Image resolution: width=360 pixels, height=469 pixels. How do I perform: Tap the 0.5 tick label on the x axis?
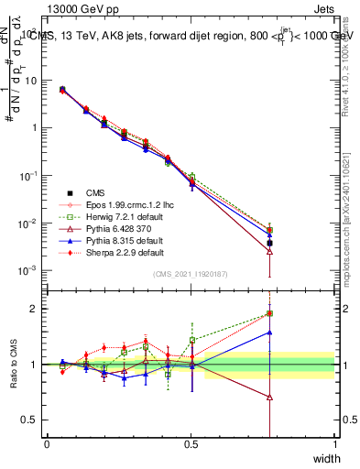191,444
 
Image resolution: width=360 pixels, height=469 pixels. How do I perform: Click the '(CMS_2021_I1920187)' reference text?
190,275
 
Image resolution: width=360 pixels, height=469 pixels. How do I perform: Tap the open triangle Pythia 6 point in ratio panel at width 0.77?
269,398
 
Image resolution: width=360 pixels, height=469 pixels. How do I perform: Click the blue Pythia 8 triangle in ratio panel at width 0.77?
269,333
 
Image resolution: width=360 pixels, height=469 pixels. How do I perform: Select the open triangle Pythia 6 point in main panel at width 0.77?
269,250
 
